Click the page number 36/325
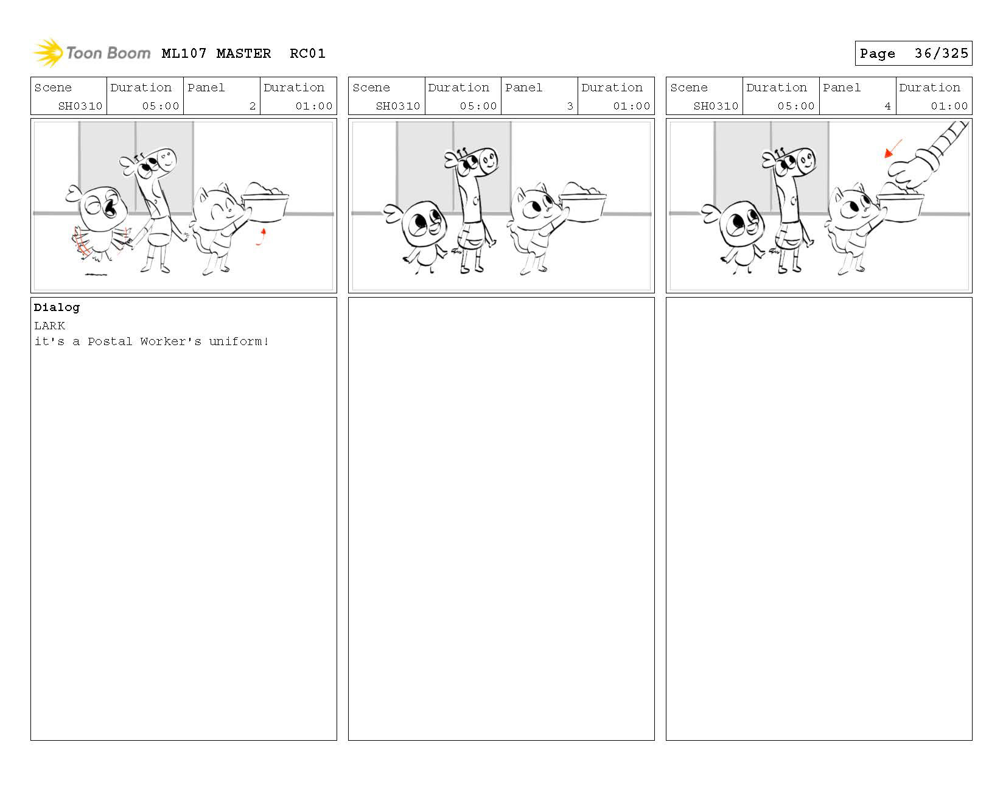(x=941, y=53)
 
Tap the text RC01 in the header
(x=307, y=53)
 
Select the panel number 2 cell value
(x=252, y=106)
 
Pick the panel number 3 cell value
(x=570, y=106)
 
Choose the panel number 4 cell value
(x=887, y=106)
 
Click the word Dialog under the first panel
(x=57, y=307)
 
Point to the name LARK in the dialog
(x=49, y=326)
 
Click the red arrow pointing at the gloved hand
(x=893, y=148)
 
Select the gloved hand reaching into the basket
(x=912, y=169)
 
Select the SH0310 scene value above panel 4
(x=716, y=106)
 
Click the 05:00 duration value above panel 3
(x=478, y=106)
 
